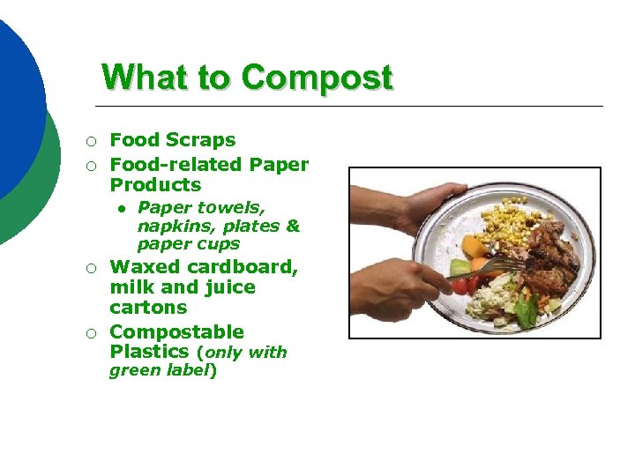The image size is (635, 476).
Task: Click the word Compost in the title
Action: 317,78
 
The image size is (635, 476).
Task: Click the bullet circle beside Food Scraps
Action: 91,141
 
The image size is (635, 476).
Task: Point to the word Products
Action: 155,185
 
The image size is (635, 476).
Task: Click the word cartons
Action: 148,308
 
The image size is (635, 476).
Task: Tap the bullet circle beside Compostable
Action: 91,333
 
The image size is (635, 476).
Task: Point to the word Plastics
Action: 149,352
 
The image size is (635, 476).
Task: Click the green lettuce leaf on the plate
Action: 527,309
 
